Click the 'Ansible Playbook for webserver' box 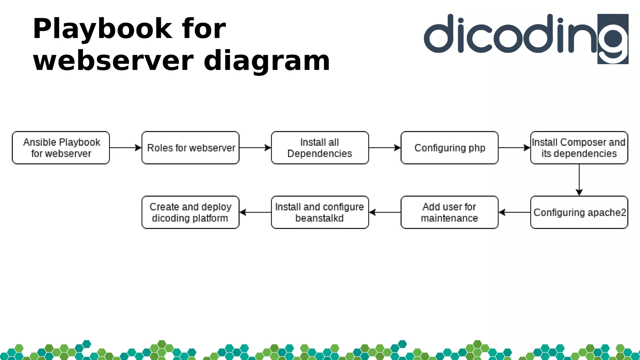pos(61,148)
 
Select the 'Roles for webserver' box pos(191,148)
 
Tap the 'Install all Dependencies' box pos(320,148)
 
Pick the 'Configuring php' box pos(450,148)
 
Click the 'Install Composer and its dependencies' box pos(579,148)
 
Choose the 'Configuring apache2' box pos(579,212)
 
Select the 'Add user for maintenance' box pos(450,212)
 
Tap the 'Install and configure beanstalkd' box pos(320,212)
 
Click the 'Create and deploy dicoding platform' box pos(191,212)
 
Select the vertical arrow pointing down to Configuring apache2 pos(579,180)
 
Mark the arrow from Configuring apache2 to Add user pos(514,212)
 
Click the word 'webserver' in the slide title pos(113,61)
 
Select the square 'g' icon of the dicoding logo pos(613,39)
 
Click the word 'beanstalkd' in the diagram pos(319,218)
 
